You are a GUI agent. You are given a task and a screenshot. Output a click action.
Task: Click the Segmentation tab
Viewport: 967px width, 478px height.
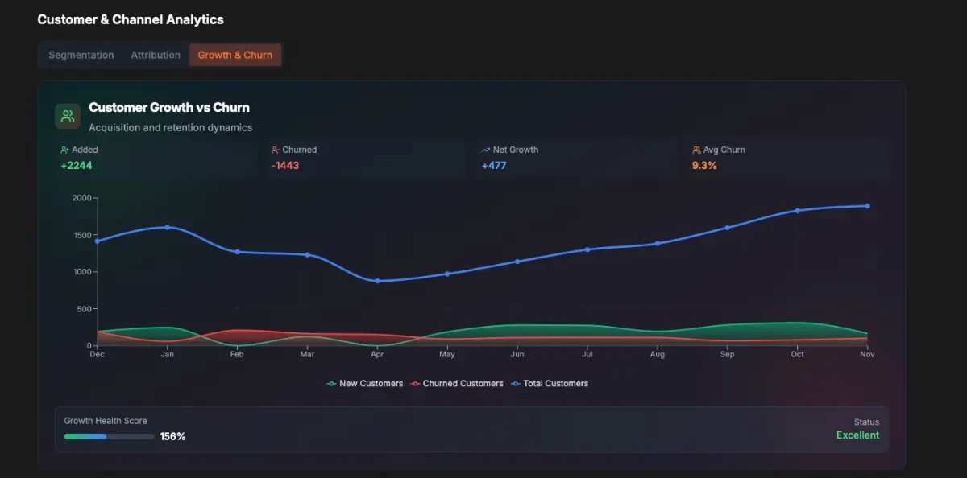tap(81, 55)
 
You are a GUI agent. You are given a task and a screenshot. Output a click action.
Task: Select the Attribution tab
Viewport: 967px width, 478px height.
tap(156, 55)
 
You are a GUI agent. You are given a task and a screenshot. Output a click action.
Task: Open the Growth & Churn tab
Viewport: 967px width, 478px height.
tap(235, 55)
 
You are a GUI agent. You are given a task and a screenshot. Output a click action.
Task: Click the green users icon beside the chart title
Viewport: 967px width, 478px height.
tap(68, 117)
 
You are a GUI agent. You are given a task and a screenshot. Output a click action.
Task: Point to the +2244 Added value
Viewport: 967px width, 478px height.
tap(77, 166)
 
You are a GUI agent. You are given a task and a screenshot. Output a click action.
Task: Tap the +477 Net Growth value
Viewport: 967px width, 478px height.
tap(494, 166)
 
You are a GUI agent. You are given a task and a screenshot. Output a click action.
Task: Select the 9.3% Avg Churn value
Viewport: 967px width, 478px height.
tap(704, 166)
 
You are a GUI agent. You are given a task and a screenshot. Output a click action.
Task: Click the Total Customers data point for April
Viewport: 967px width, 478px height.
tap(377, 281)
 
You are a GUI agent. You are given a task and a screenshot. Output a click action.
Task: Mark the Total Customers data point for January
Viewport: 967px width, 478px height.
tap(168, 227)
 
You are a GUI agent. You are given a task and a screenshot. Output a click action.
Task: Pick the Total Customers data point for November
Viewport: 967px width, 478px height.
tap(867, 206)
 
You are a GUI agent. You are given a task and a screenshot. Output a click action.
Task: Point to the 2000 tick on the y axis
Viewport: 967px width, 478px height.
tap(81, 198)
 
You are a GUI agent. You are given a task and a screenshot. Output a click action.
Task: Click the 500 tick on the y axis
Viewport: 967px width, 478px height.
tap(83, 309)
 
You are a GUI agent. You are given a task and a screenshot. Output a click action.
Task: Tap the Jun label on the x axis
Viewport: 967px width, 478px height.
tap(517, 354)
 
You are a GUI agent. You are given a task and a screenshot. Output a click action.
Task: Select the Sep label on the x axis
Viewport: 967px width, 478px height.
tap(727, 354)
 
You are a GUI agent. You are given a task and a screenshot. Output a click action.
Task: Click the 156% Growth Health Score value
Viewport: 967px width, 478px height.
tap(172, 436)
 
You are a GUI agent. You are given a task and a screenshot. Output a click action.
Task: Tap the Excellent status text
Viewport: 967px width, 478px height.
tap(857, 435)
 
